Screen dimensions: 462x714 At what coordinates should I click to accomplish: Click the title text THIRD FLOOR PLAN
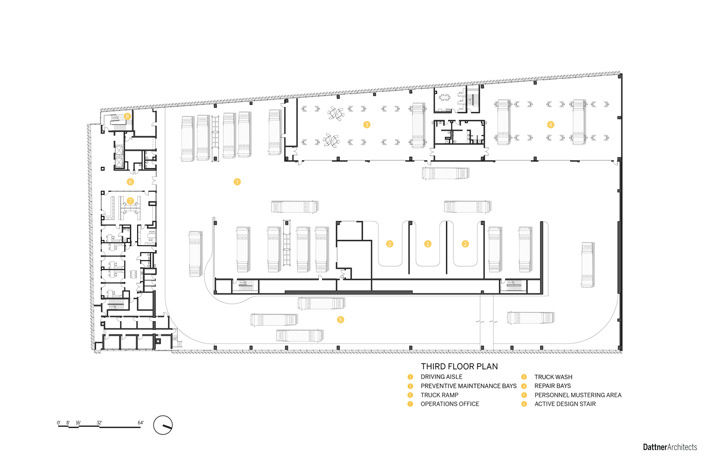[459, 366]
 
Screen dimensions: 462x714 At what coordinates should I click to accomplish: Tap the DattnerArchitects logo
[670, 447]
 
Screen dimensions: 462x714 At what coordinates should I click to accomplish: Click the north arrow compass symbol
[163, 425]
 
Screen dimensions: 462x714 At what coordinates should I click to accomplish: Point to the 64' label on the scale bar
[140, 423]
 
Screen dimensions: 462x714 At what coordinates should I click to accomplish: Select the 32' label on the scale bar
[99, 423]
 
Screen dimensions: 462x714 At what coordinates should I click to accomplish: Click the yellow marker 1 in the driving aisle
[237, 182]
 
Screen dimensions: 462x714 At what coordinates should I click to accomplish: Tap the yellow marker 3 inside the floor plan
[366, 125]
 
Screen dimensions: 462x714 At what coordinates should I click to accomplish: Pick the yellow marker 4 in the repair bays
[550, 125]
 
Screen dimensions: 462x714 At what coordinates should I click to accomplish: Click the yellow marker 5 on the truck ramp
[341, 320]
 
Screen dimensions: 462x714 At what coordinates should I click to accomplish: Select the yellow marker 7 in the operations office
[130, 201]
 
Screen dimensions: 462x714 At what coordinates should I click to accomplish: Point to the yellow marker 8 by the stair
[127, 116]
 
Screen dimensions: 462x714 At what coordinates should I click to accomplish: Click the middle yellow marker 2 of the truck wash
[427, 244]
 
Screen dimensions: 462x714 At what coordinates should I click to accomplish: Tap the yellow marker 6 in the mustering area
[130, 182]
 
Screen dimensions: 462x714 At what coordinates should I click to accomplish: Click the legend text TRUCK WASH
[553, 377]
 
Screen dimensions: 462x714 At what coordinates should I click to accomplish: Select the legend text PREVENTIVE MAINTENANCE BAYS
[468, 386]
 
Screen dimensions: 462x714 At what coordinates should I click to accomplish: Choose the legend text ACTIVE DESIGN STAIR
[565, 404]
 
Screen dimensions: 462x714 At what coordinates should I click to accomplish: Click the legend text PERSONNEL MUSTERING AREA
[578, 395]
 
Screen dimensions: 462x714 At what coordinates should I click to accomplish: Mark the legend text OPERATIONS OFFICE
[450, 404]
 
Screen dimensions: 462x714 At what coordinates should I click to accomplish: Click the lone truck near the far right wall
[587, 265]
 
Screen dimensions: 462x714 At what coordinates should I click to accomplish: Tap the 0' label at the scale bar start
[59, 423]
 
